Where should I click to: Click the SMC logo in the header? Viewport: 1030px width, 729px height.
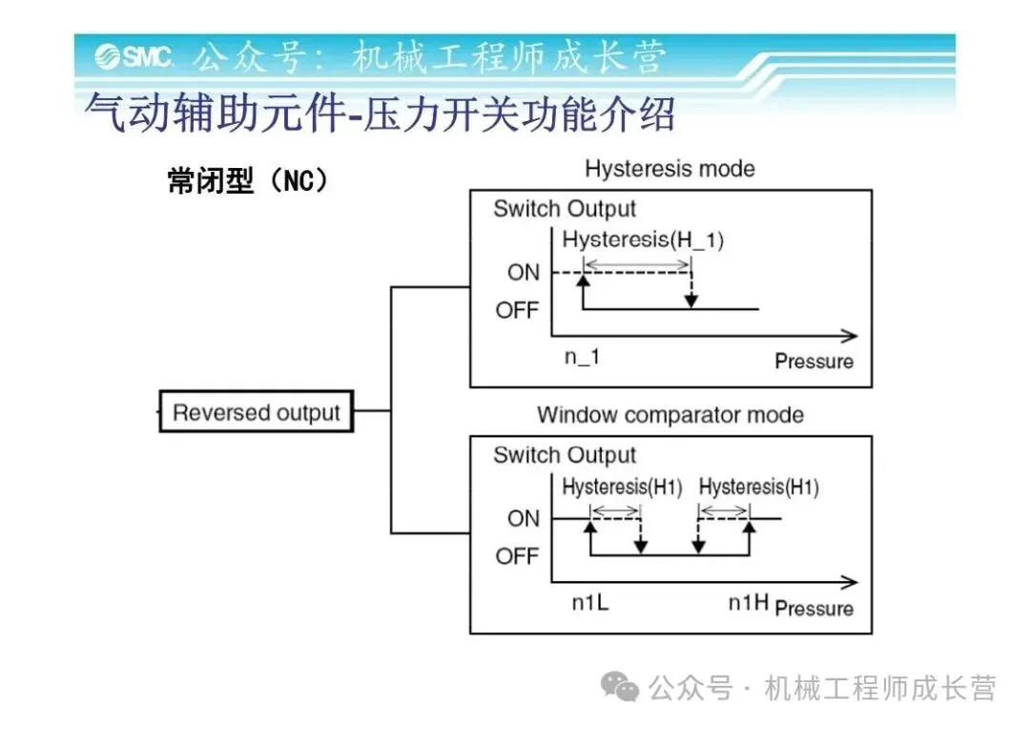(134, 56)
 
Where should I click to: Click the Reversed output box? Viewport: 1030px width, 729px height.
(256, 413)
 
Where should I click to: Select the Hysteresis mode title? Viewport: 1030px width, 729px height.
(669, 170)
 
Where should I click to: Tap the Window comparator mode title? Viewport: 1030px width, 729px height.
(669, 415)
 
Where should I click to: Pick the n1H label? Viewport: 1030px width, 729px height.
(749, 603)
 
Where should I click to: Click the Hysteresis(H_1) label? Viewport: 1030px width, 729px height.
(643, 240)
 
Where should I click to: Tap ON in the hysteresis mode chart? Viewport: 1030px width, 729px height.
(523, 273)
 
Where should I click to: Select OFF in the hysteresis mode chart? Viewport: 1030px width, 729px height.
(517, 310)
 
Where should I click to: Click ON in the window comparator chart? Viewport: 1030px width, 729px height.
(523, 519)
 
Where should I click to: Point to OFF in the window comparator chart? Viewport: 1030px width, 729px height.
(517, 556)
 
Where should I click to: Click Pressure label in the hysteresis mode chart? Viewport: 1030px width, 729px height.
(814, 362)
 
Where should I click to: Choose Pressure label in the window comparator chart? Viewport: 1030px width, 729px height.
(814, 608)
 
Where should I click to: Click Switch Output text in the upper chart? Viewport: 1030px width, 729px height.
(564, 209)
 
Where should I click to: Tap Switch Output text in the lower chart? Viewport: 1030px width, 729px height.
(564, 455)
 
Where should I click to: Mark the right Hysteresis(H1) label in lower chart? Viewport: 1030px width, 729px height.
(758, 488)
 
